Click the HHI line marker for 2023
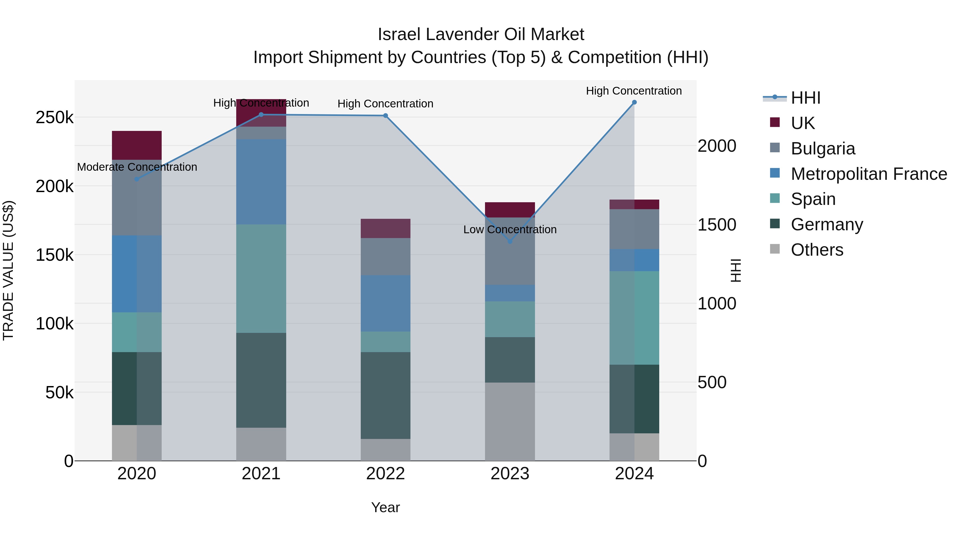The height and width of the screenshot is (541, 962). (510, 242)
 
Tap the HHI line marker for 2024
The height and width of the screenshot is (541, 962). (634, 102)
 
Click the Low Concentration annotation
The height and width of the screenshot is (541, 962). (510, 229)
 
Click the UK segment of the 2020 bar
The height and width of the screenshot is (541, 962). (137, 145)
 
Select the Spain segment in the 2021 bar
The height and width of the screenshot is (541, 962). (261, 279)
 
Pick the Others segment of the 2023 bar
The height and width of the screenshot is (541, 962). (510, 422)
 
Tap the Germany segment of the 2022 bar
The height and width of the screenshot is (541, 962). (385, 395)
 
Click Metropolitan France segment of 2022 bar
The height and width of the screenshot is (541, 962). (385, 303)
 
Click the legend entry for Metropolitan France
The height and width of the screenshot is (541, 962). (869, 174)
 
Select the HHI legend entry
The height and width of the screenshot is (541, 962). (805, 98)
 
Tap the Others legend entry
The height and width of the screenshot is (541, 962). (817, 250)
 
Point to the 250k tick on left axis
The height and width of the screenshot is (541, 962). (55, 118)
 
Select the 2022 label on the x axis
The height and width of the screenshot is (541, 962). (385, 474)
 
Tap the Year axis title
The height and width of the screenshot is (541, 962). (385, 507)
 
